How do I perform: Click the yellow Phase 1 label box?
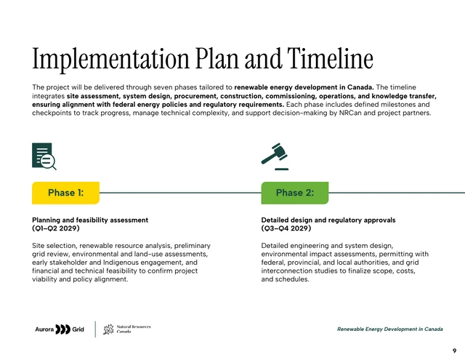(x=65, y=193)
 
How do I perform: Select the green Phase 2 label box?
(x=294, y=193)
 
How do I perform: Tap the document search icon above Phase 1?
(x=44, y=156)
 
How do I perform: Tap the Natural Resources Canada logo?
(x=127, y=329)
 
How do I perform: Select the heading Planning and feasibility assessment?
(x=90, y=220)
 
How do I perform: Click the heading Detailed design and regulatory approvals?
(x=328, y=220)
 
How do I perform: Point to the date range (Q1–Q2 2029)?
(x=56, y=228)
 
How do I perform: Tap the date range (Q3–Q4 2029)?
(x=286, y=228)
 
